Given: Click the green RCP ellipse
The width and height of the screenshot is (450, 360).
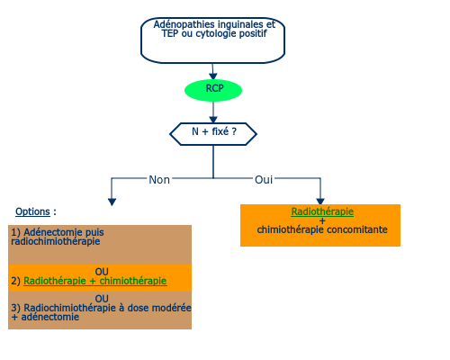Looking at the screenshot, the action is [x=213, y=90].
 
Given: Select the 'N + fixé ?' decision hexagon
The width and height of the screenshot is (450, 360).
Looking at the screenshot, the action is [x=213, y=134].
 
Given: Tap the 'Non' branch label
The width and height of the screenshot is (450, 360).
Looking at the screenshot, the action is [x=159, y=180].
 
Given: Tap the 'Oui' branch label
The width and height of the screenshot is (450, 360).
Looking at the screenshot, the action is [x=264, y=180].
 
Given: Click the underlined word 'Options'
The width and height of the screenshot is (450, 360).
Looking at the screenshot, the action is [x=32, y=211].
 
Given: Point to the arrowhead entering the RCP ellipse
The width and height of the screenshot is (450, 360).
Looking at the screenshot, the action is [x=213, y=76].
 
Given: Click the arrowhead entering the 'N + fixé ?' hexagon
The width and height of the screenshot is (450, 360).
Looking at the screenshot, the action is [x=213, y=120].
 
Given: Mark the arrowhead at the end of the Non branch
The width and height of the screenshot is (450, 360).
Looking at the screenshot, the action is [x=112, y=202].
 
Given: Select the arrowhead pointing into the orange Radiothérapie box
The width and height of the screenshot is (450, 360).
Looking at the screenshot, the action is [x=320, y=202].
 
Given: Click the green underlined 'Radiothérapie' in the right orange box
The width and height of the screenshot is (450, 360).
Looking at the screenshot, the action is [x=322, y=211].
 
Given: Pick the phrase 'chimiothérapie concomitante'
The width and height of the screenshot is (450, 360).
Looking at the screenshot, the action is [x=322, y=229].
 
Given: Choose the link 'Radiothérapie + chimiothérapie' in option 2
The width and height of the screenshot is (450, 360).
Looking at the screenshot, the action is [x=95, y=281].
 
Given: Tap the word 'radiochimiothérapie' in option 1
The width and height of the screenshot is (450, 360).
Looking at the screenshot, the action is [x=56, y=241].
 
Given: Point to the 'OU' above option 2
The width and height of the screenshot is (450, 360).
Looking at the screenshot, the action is [x=102, y=272].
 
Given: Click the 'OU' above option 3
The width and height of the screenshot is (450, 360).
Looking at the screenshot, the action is [x=102, y=299].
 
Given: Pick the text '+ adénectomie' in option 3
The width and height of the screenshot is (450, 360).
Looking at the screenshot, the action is [x=45, y=317].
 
